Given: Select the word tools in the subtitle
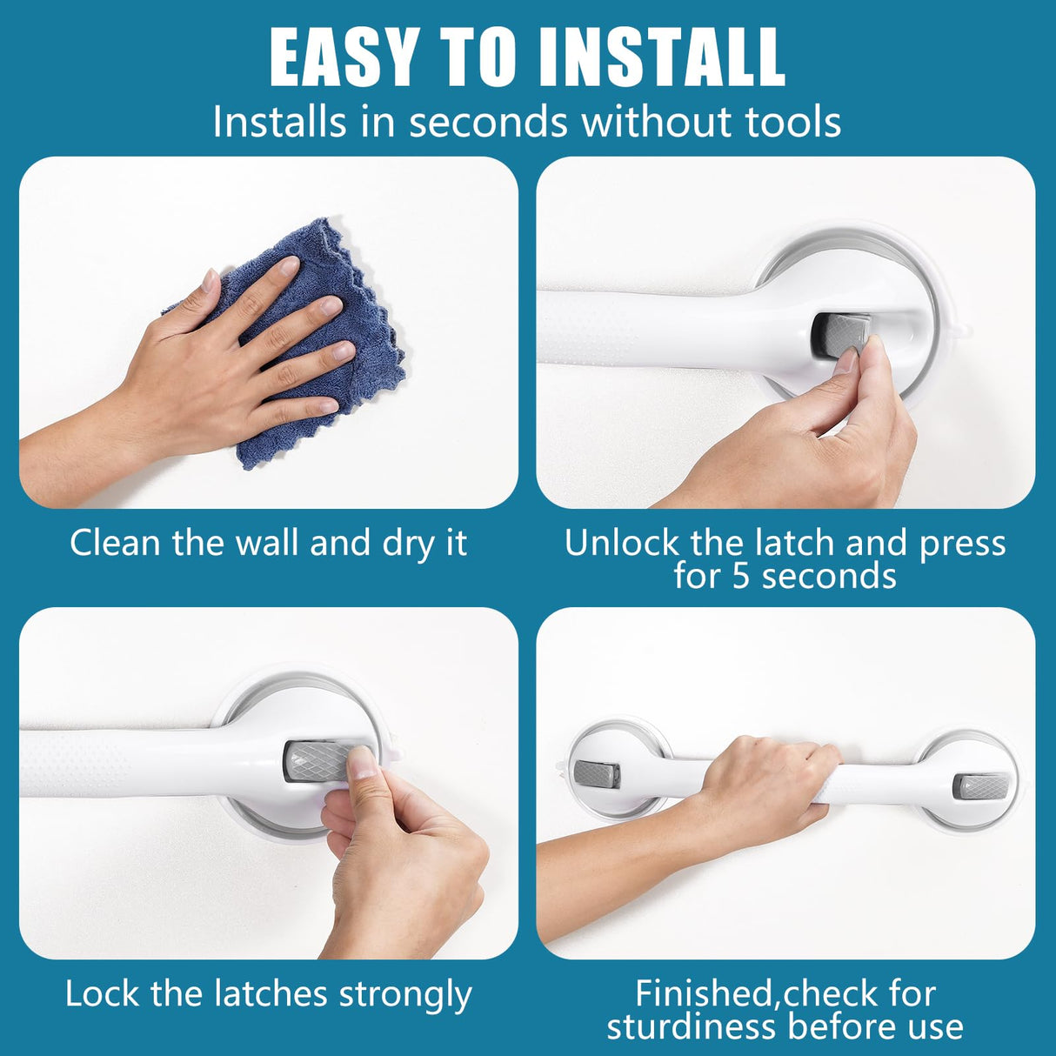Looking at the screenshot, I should [793, 122].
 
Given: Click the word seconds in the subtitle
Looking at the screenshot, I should [490, 122].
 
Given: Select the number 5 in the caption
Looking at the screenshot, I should [740, 577].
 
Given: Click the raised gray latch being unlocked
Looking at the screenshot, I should [840, 335].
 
